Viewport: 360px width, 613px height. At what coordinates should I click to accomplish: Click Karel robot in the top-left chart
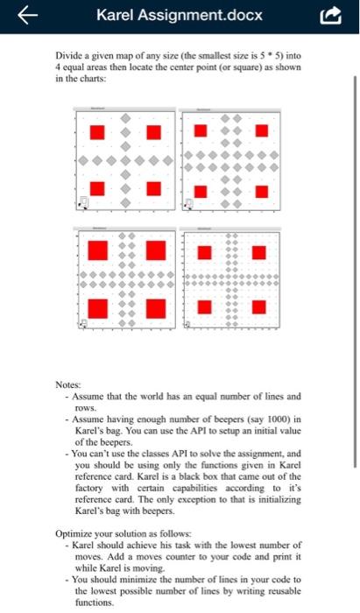pyautogui.click(x=85, y=204)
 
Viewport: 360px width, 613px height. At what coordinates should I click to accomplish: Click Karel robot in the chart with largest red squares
pyautogui.click(x=84, y=323)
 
